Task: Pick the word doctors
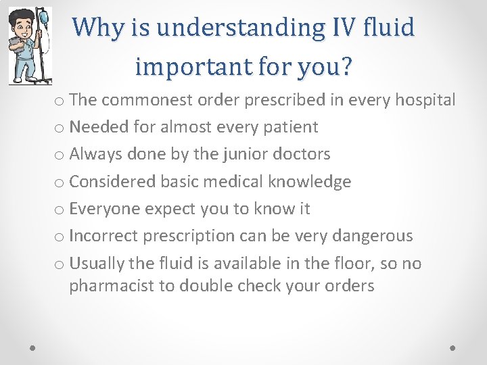[x=302, y=154]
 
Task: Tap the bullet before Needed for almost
[x=60, y=128]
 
